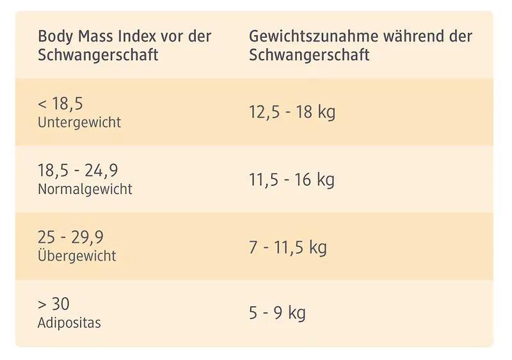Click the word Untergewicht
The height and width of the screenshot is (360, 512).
point(79,122)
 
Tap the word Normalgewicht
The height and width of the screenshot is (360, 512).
point(85,189)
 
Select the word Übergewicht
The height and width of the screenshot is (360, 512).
point(77,256)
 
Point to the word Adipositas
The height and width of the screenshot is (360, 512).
point(69,322)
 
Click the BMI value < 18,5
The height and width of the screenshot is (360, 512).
point(61,104)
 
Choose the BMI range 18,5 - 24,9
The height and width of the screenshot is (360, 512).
point(78,171)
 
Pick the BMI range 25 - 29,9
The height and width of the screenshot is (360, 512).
point(70,238)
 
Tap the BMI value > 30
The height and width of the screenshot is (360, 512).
point(54,304)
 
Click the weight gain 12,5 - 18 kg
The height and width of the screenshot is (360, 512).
point(292,113)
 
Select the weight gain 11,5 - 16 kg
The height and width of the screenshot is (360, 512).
point(292,180)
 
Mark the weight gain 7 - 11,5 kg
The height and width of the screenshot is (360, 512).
point(288,247)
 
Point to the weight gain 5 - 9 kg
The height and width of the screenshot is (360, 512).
point(277,313)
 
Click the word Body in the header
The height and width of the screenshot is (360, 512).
point(54,37)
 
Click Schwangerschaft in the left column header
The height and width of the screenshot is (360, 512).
point(98,54)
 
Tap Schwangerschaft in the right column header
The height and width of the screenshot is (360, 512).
point(309,54)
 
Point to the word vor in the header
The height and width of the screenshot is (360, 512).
point(171,36)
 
